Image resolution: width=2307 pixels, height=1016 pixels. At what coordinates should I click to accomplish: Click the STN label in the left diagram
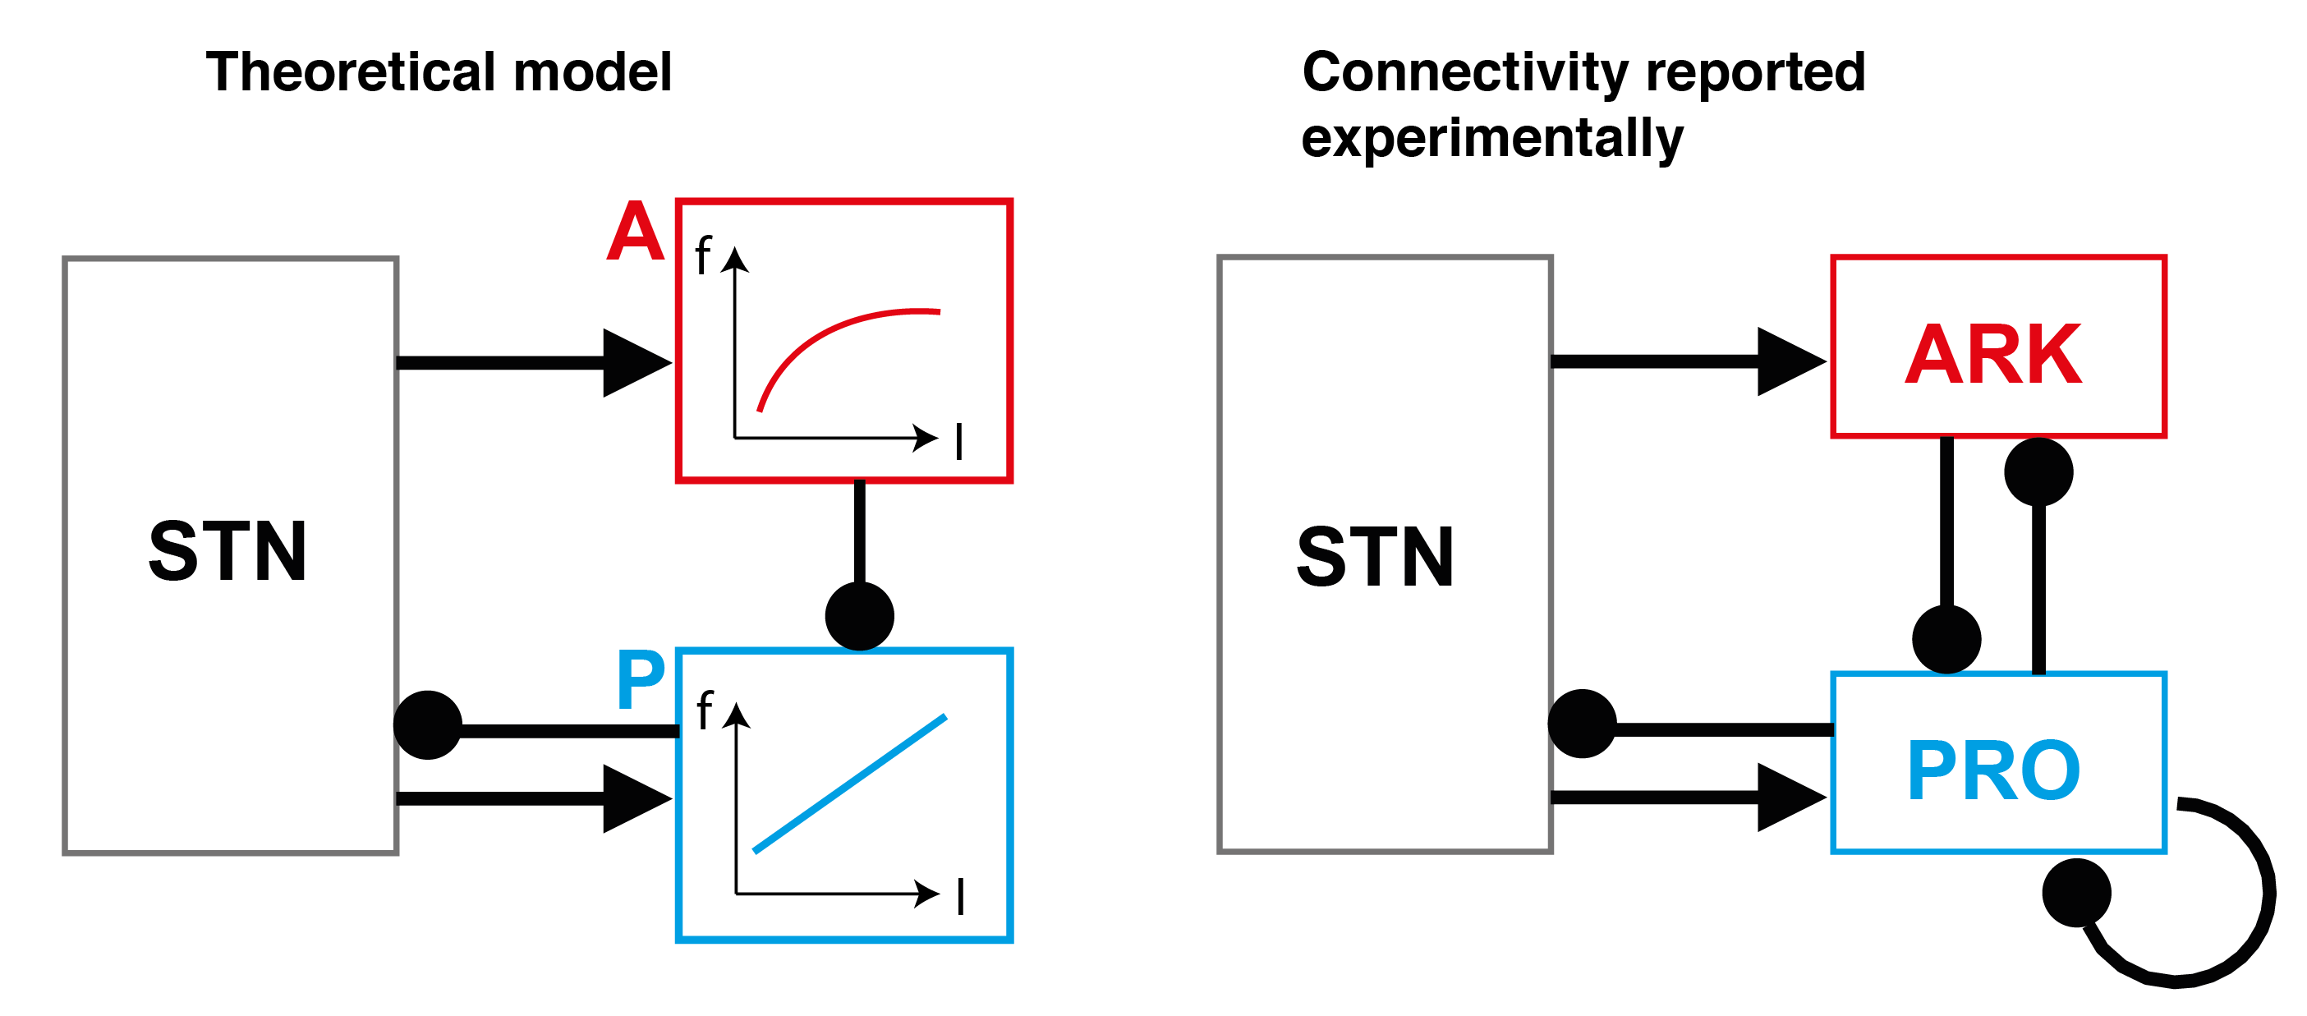[227, 551]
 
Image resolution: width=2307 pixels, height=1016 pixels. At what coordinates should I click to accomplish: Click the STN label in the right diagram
[1375, 556]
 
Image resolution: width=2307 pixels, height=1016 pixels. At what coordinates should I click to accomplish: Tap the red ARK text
[1993, 354]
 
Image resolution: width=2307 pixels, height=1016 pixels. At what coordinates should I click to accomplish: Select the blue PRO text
[1993, 770]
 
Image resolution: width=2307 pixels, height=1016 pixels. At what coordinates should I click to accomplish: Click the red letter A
[635, 231]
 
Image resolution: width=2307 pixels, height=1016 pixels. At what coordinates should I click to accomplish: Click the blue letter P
[641, 680]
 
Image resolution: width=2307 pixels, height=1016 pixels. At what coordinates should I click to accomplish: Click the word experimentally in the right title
[1492, 139]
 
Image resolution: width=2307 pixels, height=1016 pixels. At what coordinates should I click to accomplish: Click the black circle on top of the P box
[860, 616]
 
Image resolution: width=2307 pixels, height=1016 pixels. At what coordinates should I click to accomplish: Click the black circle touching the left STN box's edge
[428, 724]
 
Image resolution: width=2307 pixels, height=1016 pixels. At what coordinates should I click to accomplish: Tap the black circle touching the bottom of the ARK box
[2039, 471]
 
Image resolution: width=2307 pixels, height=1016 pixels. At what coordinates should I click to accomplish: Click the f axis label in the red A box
[703, 255]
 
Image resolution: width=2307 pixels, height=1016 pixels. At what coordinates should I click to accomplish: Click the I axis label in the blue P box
[960, 896]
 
